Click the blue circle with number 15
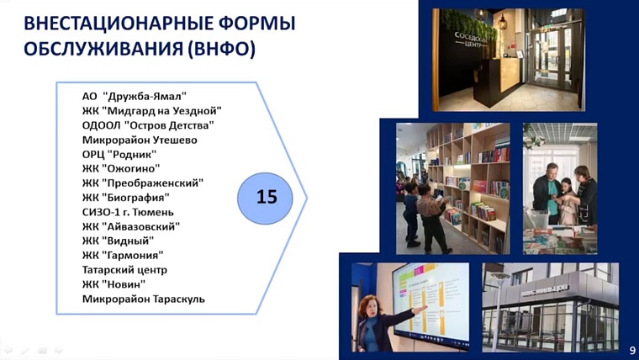point(266,198)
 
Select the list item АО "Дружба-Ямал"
point(135,96)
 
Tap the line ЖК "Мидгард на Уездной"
point(151,110)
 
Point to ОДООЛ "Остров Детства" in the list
point(148,124)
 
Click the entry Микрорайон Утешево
point(140,140)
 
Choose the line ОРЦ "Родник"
point(119,154)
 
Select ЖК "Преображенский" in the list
point(143,183)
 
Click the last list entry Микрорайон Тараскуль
point(144,299)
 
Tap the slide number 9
point(631,349)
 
